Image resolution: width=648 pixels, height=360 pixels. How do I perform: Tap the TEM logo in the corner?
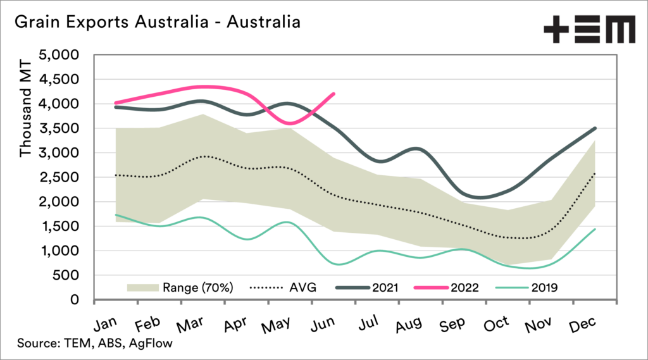point(589,30)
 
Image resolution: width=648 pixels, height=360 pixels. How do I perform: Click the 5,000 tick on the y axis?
point(59,55)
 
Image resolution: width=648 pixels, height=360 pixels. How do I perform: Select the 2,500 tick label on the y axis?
point(59,177)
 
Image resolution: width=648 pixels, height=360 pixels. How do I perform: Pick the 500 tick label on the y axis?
point(66,275)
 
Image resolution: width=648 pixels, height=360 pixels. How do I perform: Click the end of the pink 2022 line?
point(334,94)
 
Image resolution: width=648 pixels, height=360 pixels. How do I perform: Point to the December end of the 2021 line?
point(595,128)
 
